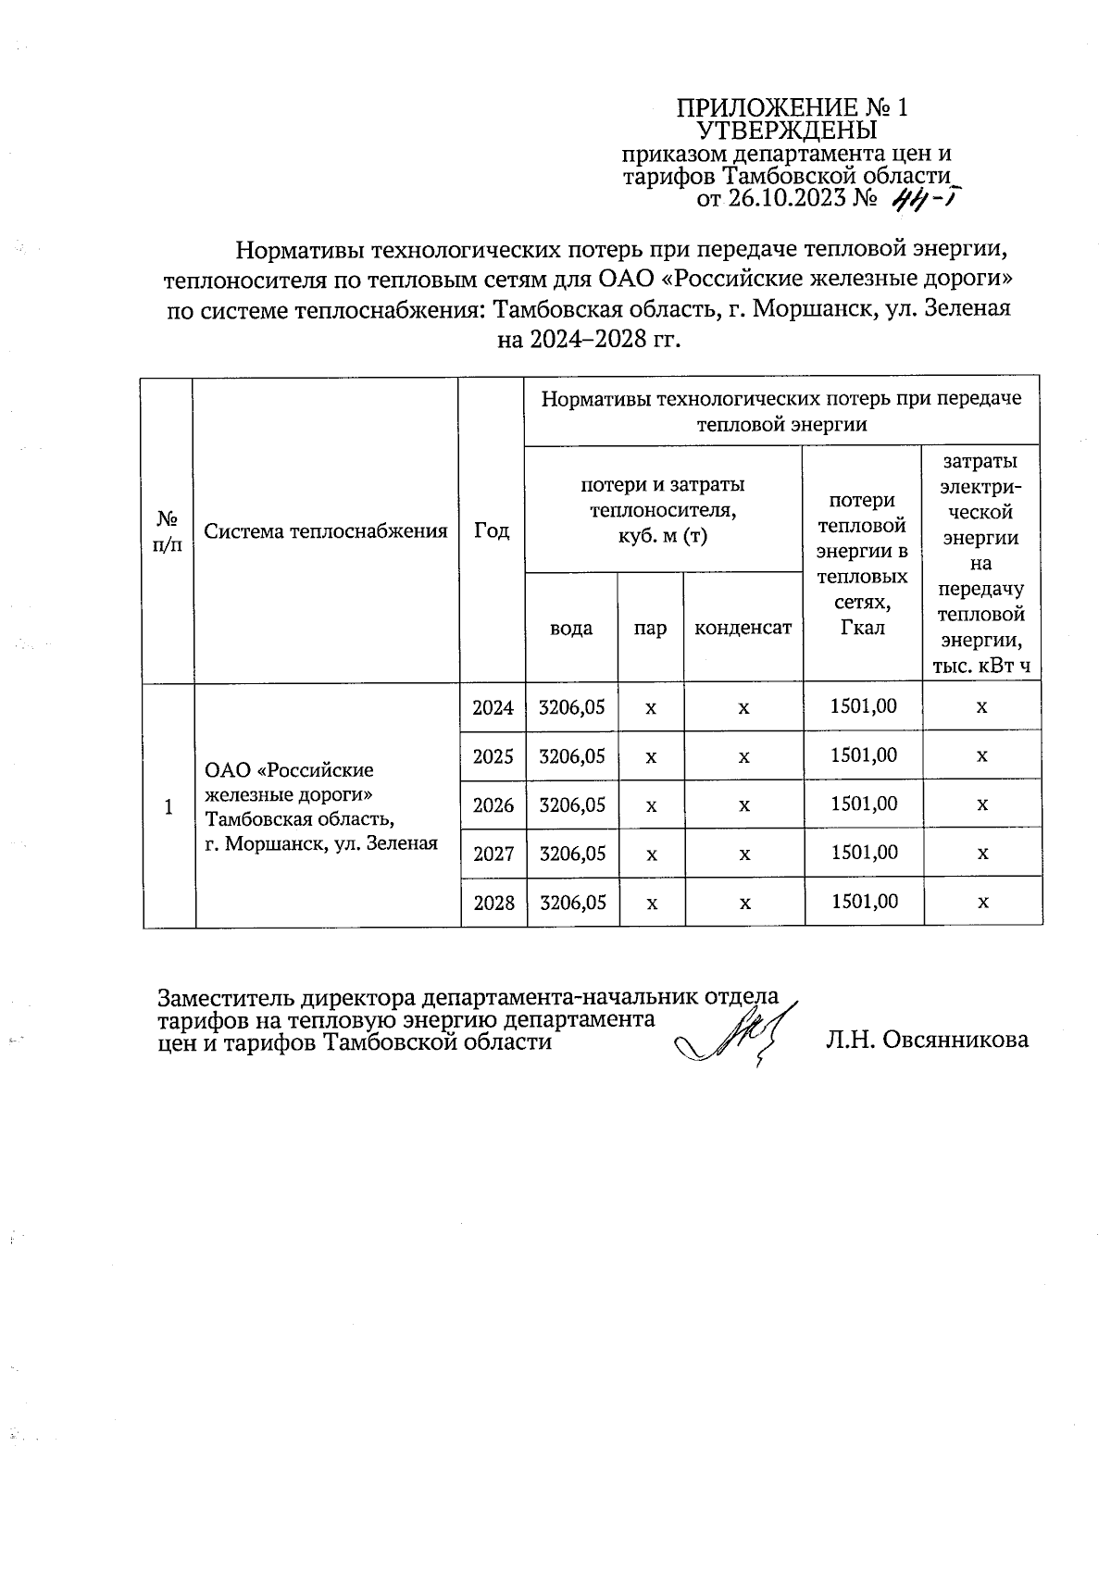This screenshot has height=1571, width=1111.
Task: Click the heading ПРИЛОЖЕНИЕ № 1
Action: (x=793, y=107)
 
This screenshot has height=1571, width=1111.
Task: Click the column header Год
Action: (x=492, y=530)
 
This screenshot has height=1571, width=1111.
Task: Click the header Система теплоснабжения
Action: (x=326, y=530)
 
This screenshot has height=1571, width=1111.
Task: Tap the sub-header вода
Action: (x=571, y=628)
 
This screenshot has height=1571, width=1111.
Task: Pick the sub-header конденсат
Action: (x=743, y=628)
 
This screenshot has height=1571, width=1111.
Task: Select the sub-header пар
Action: (x=650, y=629)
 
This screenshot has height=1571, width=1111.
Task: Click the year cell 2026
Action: (x=493, y=804)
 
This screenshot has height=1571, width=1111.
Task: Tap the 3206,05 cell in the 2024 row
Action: (x=571, y=707)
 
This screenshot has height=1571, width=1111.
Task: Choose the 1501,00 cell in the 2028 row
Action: (x=864, y=901)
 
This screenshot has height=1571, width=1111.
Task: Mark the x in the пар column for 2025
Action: (x=651, y=756)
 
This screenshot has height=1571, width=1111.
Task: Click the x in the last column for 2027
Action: (x=982, y=853)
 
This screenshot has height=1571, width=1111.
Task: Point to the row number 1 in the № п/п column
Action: (x=169, y=806)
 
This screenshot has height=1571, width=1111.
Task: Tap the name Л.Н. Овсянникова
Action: (x=927, y=1040)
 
